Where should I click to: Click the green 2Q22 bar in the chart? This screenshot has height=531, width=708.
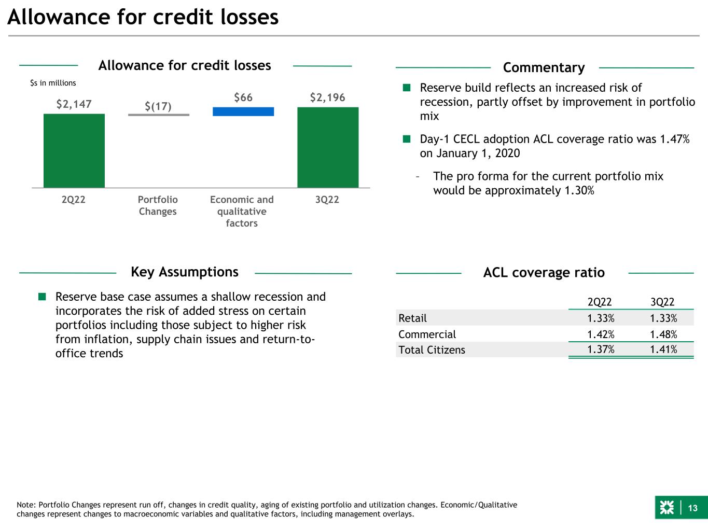click(x=74, y=150)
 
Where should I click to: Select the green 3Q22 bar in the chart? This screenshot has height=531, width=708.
click(x=328, y=147)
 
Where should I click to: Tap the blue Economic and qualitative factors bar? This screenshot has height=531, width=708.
click(x=243, y=111)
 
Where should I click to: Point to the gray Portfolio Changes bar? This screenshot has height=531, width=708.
click(x=159, y=115)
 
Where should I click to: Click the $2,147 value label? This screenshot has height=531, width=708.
click(x=74, y=104)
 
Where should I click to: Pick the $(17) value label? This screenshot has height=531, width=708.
click(x=158, y=106)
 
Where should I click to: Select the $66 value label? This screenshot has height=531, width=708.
click(x=243, y=97)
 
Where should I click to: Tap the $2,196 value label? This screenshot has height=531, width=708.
click(x=328, y=97)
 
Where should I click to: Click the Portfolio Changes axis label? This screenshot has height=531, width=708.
click(x=158, y=205)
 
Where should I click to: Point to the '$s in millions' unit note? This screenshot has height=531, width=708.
click(x=53, y=83)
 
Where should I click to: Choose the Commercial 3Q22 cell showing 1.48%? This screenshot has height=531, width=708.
click(x=663, y=334)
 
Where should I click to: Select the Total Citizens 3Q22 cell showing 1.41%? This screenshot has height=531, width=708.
click(x=663, y=350)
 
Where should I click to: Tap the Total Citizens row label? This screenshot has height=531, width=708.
click(x=432, y=350)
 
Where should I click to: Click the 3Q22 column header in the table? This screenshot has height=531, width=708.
click(x=662, y=302)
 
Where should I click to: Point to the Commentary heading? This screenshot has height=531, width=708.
click(x=544, y=68)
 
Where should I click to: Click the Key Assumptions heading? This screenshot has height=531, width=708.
click(x=185, y=272)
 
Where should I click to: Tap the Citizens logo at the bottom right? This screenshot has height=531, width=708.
click(x=667, y=508)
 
